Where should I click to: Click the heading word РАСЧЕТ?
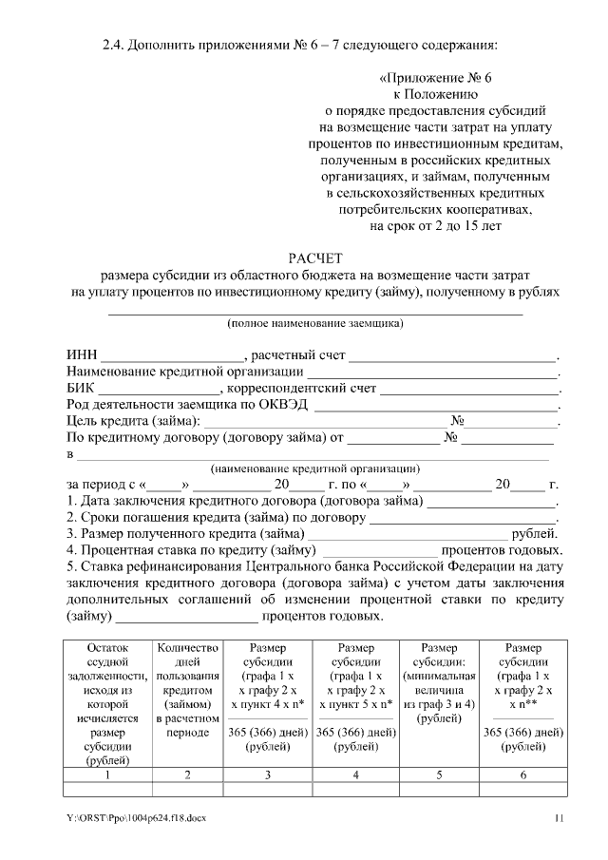tap(314, 258)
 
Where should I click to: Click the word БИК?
tap(81, 389)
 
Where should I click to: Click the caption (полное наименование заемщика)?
tap(314, 323)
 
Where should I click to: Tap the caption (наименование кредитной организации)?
tap(314, 468)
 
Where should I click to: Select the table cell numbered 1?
tap(106, 775)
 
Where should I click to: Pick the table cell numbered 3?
tap(269, 775)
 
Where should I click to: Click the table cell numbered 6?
tap(523, 775)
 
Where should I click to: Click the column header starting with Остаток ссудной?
tap(106, 703)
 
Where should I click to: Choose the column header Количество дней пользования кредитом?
tap(187, 690)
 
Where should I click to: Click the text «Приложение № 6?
tap(436, 79)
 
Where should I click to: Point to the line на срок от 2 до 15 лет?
tap(436, 226)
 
